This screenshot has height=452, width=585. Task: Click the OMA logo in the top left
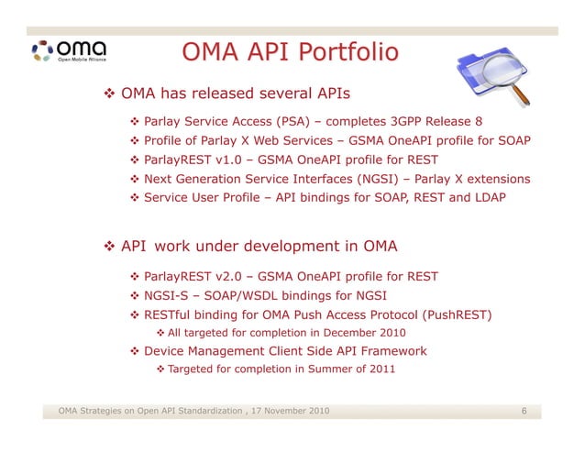[x=69, y=50]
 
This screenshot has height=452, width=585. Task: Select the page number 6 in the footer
[x=524, y=411]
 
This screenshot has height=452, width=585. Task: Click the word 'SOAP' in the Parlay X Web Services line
[x=512, y=141]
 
